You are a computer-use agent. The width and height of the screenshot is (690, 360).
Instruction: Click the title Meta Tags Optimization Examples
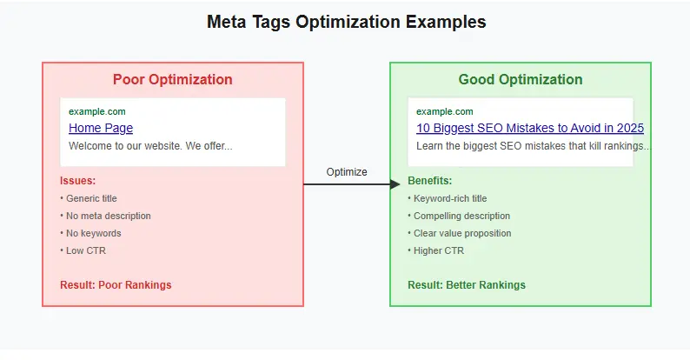coord(346,22)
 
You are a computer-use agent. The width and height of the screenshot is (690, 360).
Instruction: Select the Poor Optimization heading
coord(172,80)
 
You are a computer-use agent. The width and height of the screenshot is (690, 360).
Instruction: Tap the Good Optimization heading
coord(520,80)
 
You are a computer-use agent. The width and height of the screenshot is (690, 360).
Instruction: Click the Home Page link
coord(101,129)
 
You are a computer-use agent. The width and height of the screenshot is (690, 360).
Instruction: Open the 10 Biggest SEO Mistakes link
coord(529,129)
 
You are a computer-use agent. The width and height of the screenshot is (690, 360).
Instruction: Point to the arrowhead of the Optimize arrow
coord(395,184)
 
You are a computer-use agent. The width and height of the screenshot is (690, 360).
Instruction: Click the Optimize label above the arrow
coord(347,172)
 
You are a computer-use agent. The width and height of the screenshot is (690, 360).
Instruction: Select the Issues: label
coord(77,181)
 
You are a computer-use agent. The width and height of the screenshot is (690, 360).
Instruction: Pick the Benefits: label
coord(429,181)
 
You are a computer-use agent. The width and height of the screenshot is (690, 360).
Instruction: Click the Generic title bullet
coord(90,198)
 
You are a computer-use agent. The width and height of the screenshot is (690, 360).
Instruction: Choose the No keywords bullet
coord(92,233)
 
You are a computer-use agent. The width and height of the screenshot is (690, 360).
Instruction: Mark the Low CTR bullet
coord(84,250)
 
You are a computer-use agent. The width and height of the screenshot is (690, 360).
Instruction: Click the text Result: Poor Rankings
coord(116,285)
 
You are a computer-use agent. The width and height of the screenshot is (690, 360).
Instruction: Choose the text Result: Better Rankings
coord(467,285)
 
